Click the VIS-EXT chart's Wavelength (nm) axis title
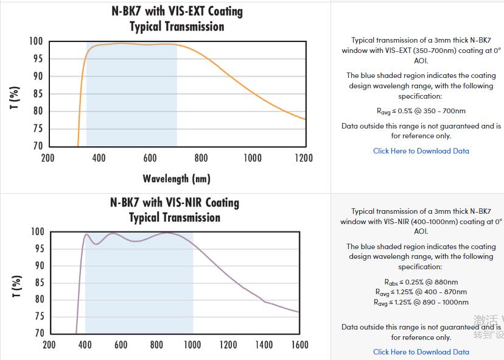tap(177, 178)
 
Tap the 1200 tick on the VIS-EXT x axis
tap(303, 158)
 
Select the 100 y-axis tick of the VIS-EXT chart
tap(36, 41)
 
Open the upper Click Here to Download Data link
tap(421, 151)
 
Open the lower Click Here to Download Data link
tap(421, 351)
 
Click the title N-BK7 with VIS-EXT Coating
tap(177, 12)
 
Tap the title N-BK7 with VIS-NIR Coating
tap(175, 202)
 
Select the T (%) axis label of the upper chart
tap(16, 97)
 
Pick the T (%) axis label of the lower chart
tap(17, 287)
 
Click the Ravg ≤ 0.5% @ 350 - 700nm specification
tap(421, 111)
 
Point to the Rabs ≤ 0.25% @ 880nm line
tap(421, 282)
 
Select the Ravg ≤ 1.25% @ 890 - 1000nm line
tap(421, 302)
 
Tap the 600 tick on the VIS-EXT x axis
tap(150, 158)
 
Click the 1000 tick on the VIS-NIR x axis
tap(192, 345)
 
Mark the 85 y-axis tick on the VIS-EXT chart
tap(38, 94)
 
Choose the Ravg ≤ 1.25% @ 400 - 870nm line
tap(421, 292)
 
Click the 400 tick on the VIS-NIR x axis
tap(85, 345)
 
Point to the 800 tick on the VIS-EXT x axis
tap(201, 158)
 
